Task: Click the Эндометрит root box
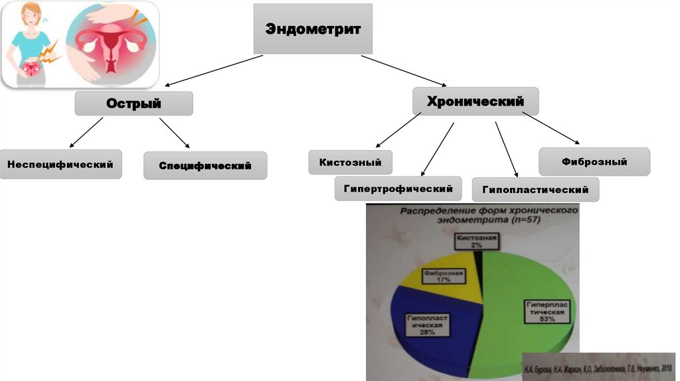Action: coord(313,29)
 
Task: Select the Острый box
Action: coord(134,104)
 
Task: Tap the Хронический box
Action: coord(475,102)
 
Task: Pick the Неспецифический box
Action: coord(60,163)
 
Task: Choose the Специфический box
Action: coord(205,165)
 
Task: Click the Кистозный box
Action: coord(350,162)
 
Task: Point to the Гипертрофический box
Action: coord(398,189)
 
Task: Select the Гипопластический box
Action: coord(535,190)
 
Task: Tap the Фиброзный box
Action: coord(594,161)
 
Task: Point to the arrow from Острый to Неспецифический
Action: coord(86,132)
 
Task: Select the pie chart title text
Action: coord(487,214)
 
